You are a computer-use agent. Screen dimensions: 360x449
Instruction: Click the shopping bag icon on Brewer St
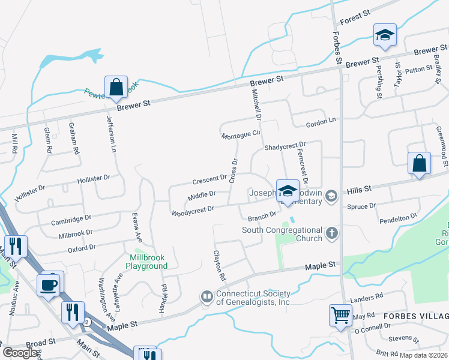pos(116,87)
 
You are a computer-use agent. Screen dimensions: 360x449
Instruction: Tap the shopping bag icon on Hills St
pos(419,163)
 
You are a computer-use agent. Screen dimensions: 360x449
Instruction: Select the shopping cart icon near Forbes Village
pos(340,315)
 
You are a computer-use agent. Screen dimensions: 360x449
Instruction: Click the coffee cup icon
pos(49,285)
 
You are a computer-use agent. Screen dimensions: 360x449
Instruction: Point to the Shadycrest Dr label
pos(285,146)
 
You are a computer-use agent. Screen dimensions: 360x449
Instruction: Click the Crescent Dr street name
pos(209,179)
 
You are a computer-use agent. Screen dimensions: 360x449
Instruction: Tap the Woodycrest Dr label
pos(193,211)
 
